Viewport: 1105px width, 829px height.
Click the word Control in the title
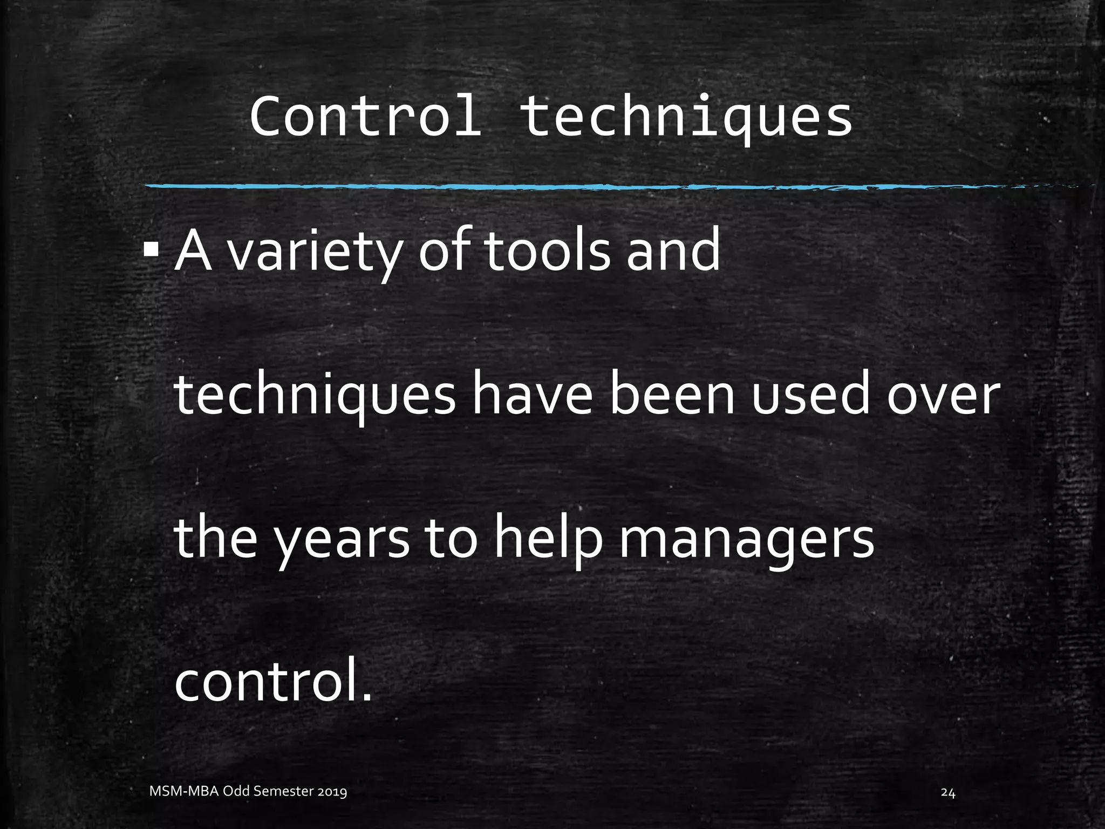pyautogui.click(x=365, y=117)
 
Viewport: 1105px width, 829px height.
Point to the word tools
pyautogui.click(x=547, y=251)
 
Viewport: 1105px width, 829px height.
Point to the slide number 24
pyautogui.click(x=948, y=793)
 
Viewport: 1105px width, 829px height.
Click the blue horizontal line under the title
pyautogui.click(x=540, y=187)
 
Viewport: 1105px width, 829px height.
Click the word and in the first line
pyautogui.click(x=673, y=251)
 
